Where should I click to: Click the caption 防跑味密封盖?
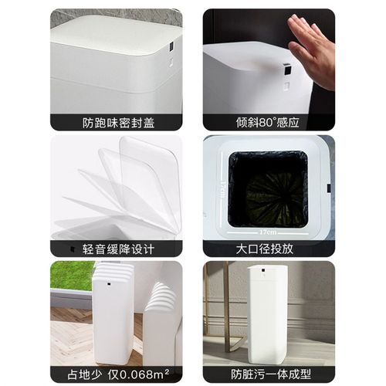coord(117,122)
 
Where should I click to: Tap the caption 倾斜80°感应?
coord(269,122)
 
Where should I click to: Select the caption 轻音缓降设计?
coord(117,249)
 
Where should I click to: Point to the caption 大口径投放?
coord(269,249)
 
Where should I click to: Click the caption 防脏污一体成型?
coord(269,374)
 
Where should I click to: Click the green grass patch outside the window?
coord(72,274)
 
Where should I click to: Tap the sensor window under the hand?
coord(285,69)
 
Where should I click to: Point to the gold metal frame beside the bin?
coord(228,309)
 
